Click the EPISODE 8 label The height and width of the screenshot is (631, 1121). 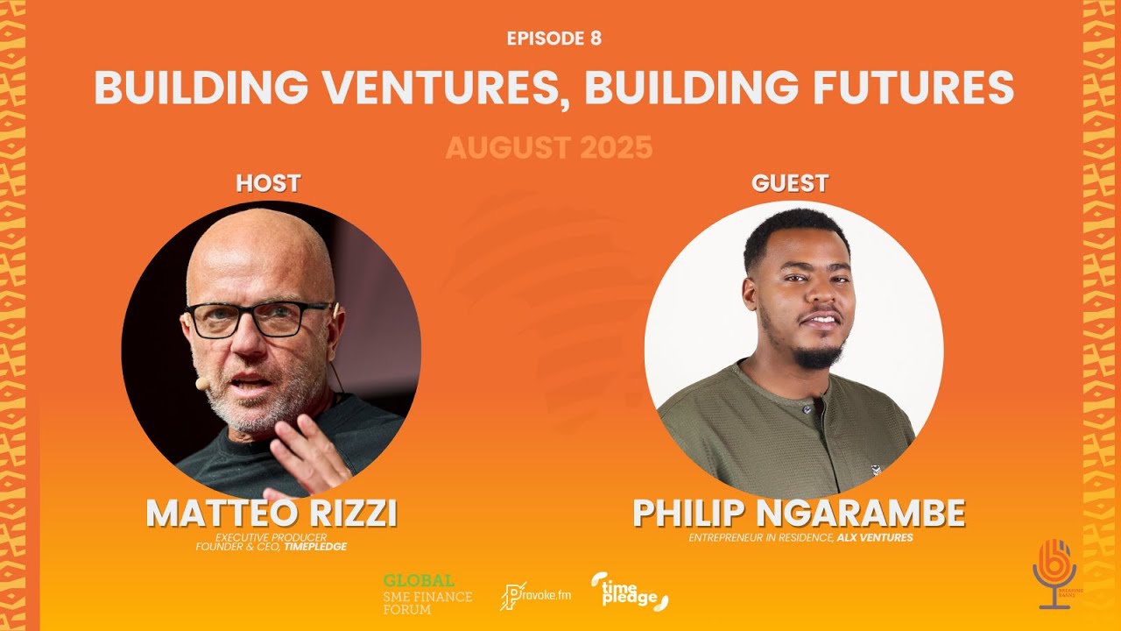(553, 39)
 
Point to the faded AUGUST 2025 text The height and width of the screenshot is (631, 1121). (549, 147)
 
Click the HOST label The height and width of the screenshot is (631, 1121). (268, 183)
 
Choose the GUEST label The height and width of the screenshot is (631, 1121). (790, 183)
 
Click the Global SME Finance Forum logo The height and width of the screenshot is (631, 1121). (427, 594)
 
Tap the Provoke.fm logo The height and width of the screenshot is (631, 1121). (535, 596)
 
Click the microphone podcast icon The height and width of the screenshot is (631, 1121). (1054, 573)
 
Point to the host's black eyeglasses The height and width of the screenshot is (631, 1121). (260, 319)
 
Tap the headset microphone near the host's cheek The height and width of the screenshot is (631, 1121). (201, 385)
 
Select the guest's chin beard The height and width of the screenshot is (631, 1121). (818, 356)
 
